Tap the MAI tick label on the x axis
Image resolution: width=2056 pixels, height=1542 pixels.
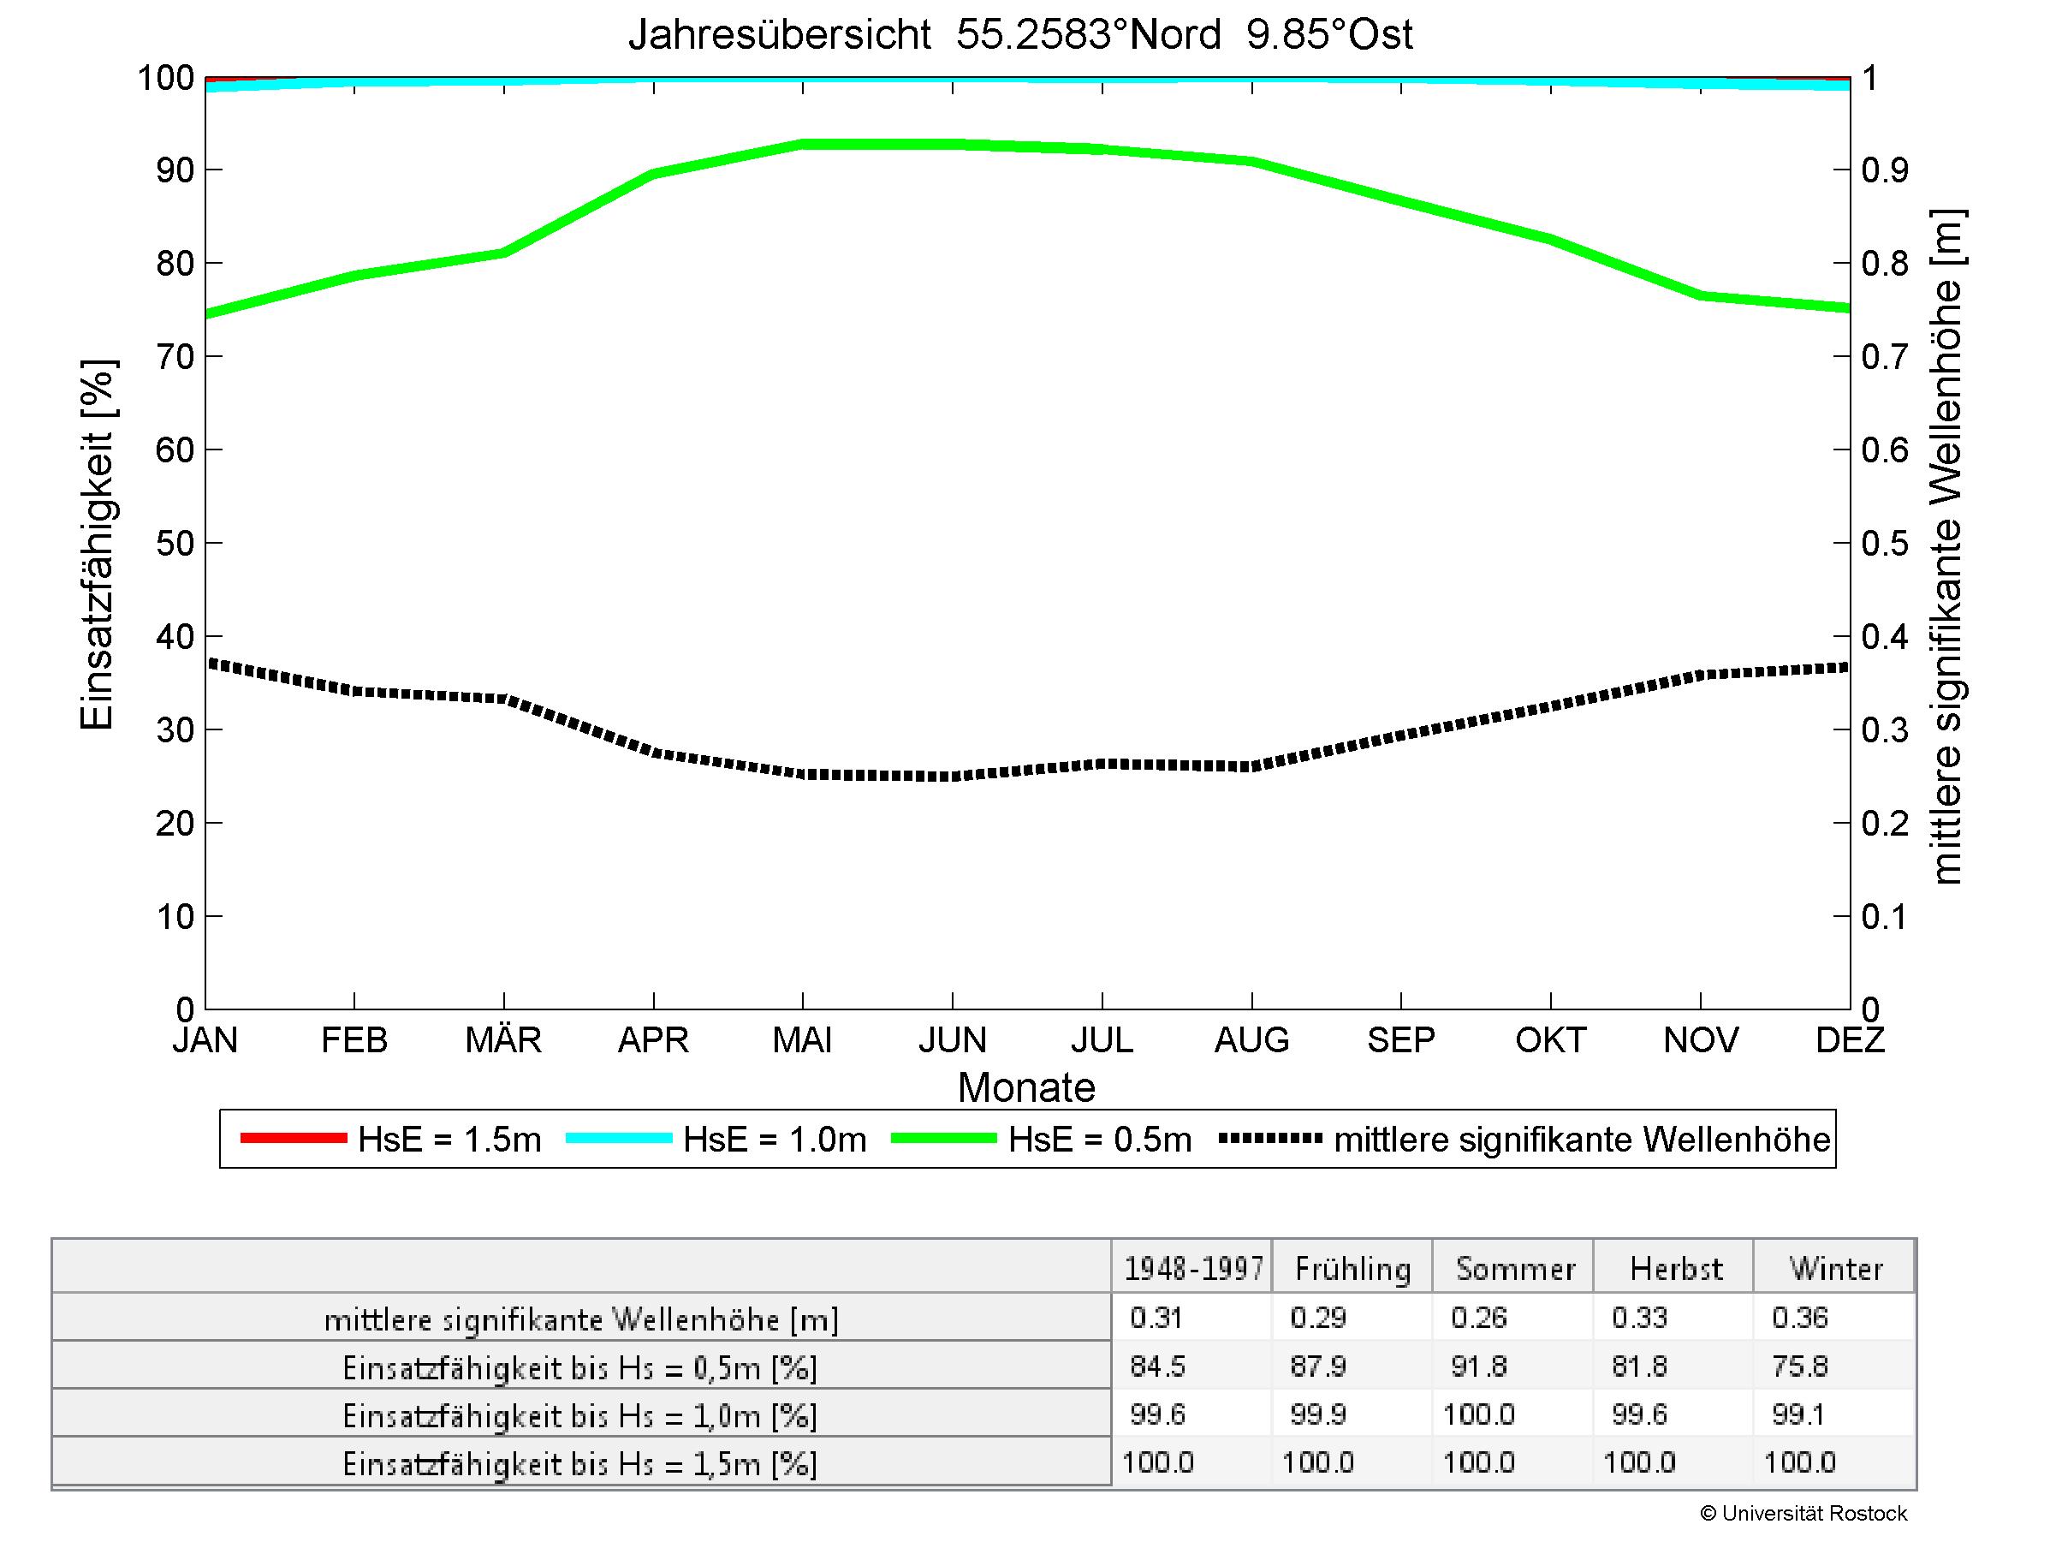point(802,1039)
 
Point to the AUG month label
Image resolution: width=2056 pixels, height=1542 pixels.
point(1251,1039)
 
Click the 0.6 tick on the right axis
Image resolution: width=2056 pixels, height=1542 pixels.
point(1884,450)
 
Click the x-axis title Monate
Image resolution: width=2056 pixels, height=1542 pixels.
point(1026,1087)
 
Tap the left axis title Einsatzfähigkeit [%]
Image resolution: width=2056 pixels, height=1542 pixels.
point(97,544)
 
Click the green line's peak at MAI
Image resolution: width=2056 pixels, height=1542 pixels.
point(802,145)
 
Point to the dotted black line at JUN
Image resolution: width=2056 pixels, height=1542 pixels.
point(953,775)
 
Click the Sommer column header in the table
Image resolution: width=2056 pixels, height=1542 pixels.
point(1515,1269)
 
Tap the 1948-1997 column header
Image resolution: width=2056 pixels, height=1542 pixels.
point(1193,1269)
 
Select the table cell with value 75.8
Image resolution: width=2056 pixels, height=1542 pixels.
point(1799,1366)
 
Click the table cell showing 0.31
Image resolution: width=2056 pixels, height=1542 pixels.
point(1156,1318)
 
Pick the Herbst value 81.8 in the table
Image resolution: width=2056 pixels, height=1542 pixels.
point(1640,1366)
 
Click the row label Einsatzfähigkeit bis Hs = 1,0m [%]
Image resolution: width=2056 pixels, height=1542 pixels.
point(580,1415)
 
